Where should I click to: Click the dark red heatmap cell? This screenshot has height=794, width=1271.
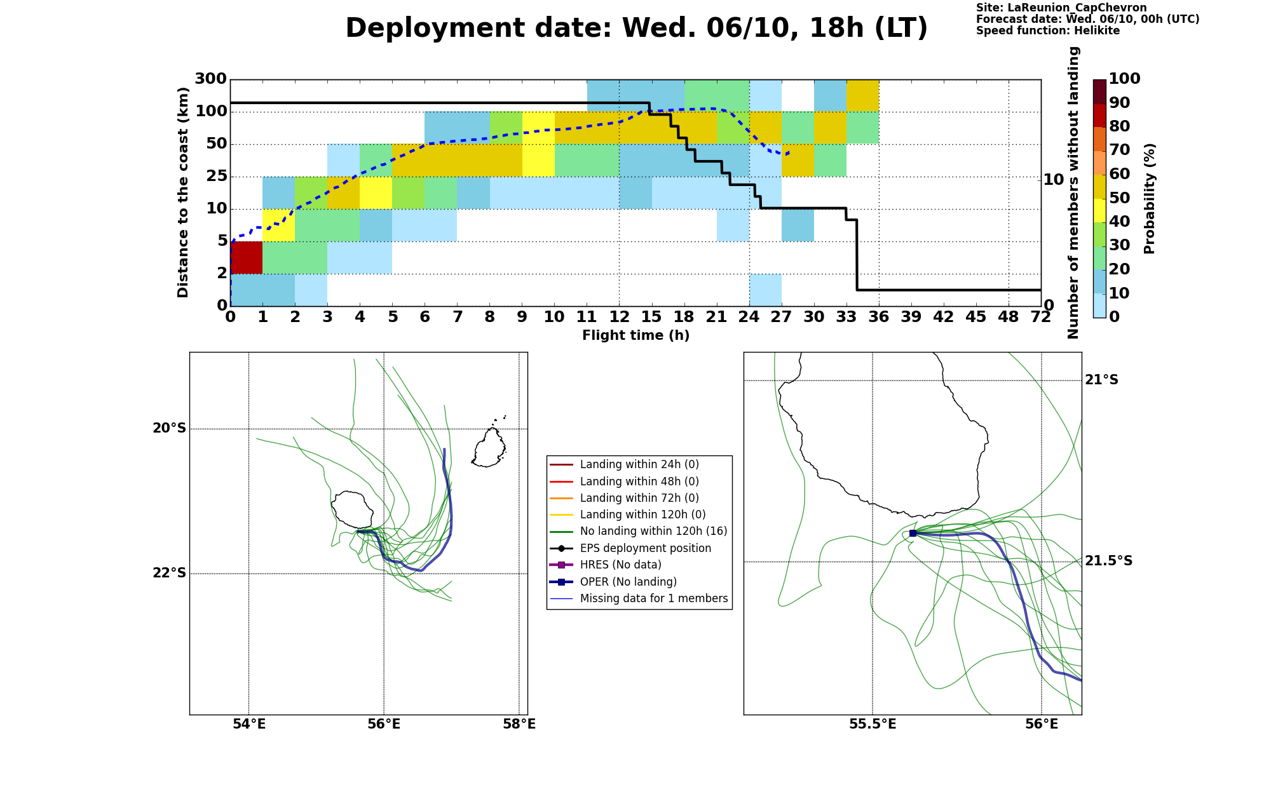(247, 257)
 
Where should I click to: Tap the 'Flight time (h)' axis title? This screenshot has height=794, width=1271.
(635, 335)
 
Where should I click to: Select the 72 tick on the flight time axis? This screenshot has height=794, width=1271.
(1040, 317)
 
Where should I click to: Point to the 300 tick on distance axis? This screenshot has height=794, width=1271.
(210, 79)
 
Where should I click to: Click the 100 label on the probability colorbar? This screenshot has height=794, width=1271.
(1124, 79)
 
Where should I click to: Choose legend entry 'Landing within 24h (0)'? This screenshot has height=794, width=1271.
(639, 464)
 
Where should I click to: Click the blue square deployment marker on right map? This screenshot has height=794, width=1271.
(913, 533)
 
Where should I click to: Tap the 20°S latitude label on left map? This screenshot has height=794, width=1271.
(170, 428)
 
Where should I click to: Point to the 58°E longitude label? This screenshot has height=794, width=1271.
(519, 724)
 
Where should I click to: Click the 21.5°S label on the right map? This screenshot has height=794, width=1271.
(1108, 561)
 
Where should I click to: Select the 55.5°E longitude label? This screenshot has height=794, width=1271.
(873, 724)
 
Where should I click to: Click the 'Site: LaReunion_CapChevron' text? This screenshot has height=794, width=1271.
(1061, 8)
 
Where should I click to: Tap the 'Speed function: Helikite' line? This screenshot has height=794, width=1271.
(1048, 30)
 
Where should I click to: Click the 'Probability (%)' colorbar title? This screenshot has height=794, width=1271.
(1149, 198)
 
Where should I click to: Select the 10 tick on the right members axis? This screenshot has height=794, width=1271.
(1053, 179)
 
